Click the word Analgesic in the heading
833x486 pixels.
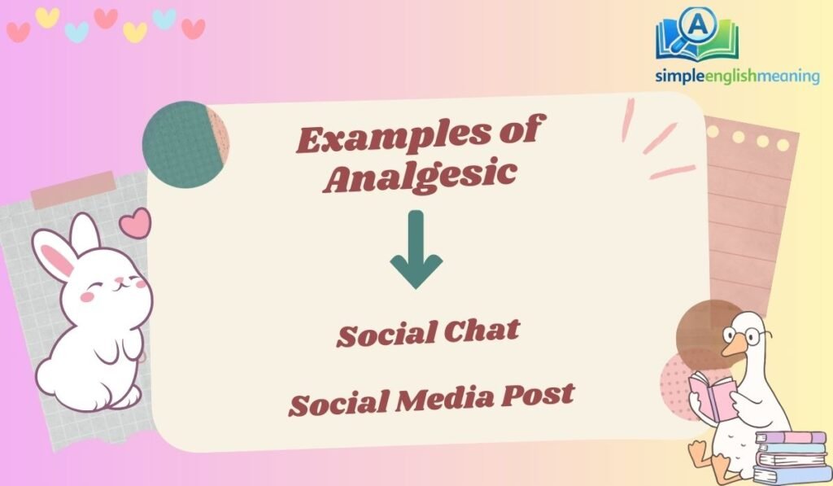click(420, 176)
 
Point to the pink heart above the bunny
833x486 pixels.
click(135, 221)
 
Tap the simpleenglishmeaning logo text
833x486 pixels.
click(737, 76)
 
